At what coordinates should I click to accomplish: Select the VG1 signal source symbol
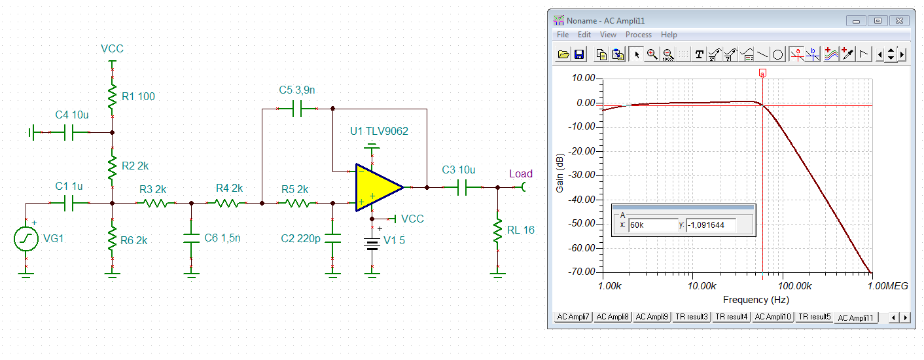[26, 239]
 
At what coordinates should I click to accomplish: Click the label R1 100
[138, 97]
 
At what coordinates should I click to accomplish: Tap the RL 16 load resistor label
[521, 230]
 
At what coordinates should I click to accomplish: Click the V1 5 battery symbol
[372, 244]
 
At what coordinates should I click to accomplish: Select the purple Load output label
[521, 173]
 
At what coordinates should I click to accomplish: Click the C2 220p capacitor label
[300, 238]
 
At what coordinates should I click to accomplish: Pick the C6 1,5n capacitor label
[222, 238]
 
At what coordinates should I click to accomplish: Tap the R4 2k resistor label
[229, 189]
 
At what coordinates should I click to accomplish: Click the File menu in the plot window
[563, 35]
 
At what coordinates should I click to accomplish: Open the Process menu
[638, 35]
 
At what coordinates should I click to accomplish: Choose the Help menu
[669, 35]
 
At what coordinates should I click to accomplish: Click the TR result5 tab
[814, 317]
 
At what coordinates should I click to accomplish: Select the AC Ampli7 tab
[573, 317]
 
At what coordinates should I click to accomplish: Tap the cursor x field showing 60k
[652, 225]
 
